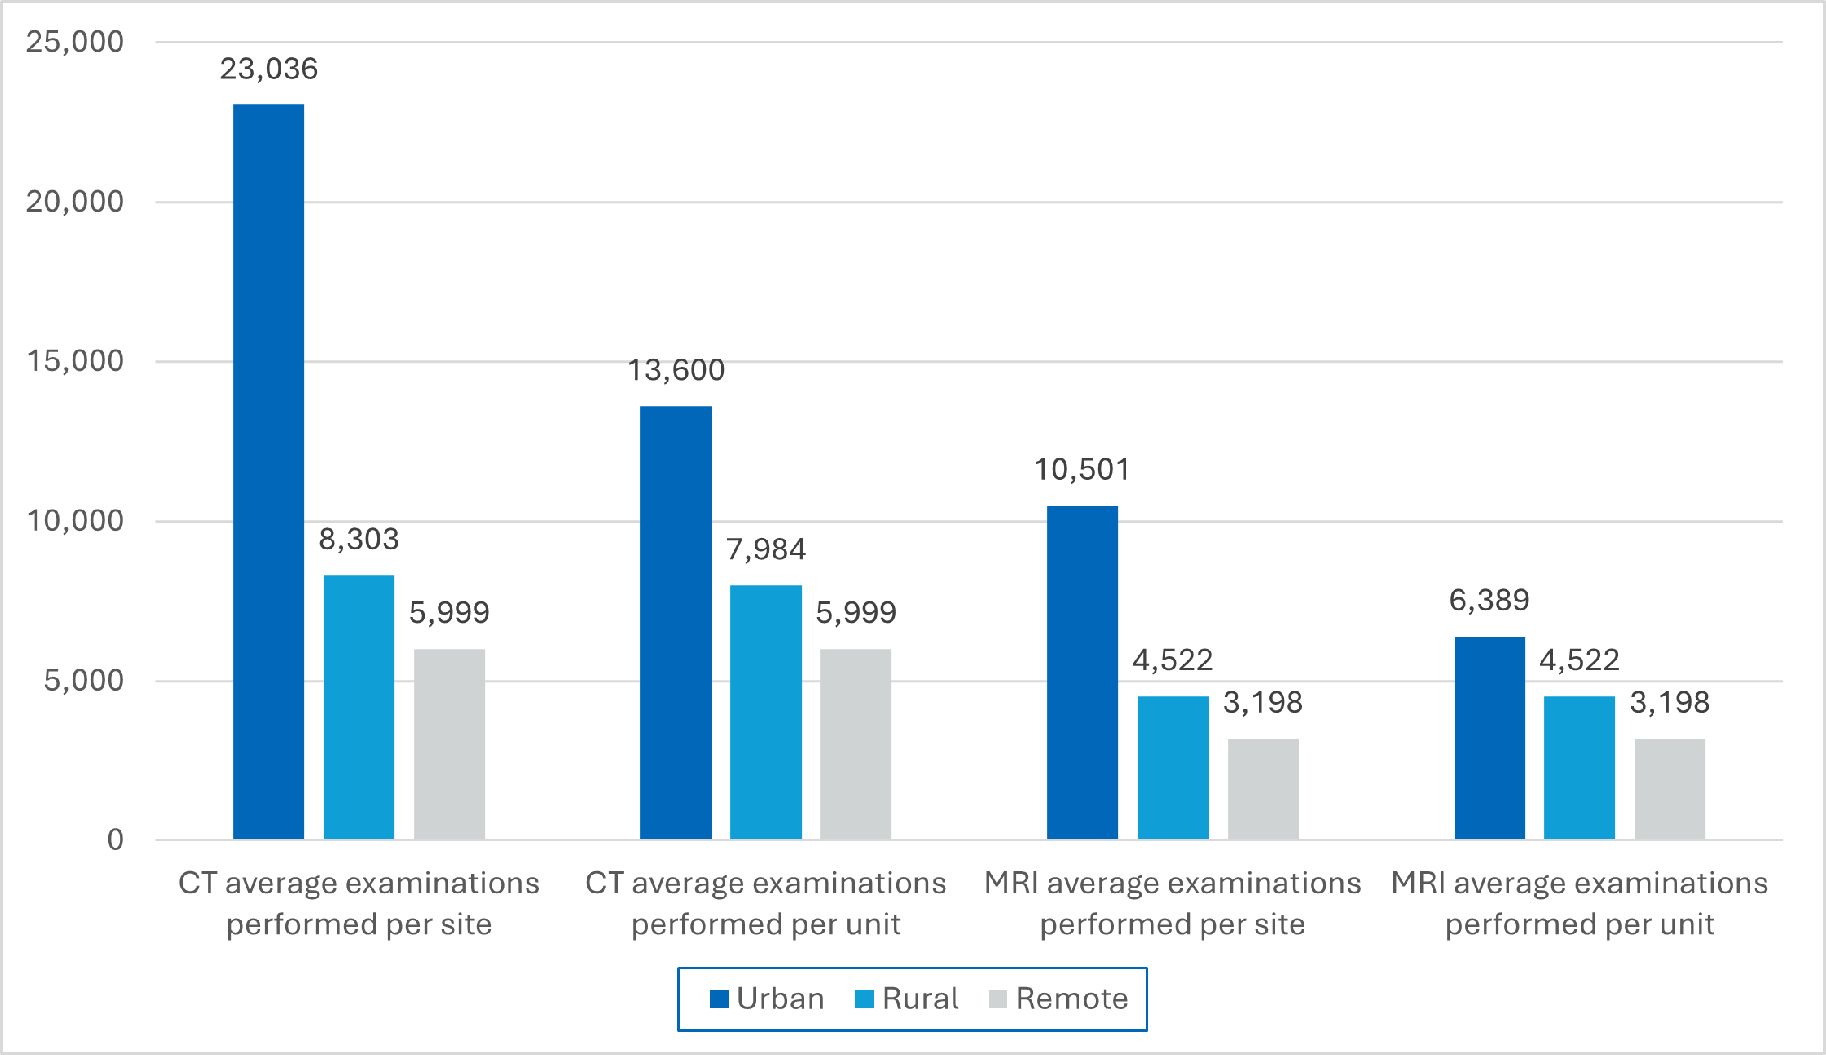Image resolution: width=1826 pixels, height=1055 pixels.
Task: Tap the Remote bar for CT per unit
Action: tap(855, 744)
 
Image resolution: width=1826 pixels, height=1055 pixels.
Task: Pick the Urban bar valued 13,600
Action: tap(675, 623)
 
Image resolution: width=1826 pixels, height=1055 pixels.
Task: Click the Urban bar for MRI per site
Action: tap(1082, 672)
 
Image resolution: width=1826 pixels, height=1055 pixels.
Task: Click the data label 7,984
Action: tap(766, 549)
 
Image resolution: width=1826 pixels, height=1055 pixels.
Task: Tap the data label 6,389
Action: tap(1489, 600)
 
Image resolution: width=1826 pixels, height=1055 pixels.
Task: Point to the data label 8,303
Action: tap(358, 539)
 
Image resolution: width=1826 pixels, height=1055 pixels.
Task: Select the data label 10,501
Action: tap(1081, 470)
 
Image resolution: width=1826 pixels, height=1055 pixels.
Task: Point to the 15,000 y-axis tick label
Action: tap(74, 361)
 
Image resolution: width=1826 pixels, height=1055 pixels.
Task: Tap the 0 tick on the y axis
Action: tap(115, 840)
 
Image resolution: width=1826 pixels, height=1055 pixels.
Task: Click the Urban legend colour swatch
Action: tap(718, 999)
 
